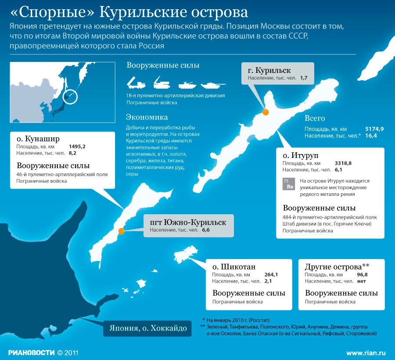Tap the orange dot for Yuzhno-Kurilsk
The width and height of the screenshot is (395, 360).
point(121,230)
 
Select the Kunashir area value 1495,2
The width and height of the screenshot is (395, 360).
point(77,146)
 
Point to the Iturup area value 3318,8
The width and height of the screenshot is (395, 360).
point(344,163)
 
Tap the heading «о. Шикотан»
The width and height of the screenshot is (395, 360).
point(233,267)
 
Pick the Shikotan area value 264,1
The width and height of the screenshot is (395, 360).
point(271,275)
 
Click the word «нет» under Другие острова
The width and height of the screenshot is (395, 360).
point(362,281)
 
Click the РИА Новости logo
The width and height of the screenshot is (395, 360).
point(31,352)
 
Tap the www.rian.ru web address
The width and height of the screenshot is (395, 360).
point(366,353)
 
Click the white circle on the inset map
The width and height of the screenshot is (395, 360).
point(70,96)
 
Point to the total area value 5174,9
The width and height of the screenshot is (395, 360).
point(374,129)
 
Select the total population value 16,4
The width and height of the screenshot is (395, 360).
point(371,136)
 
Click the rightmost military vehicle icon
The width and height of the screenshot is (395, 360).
point(213,83)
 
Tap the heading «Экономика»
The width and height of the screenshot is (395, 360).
point(147,117)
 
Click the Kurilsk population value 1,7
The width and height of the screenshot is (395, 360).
point(304,77)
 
